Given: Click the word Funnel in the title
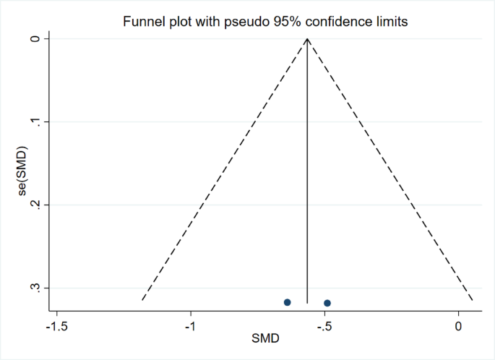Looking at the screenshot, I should pyautogui.click(x=145, y=22).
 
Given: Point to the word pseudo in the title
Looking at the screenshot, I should pyautogui.click(x=231, y=22).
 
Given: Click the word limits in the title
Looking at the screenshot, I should pyautogui.click(x=391, y=22).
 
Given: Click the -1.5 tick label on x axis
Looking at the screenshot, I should pyautogui.click(x=57, y=326).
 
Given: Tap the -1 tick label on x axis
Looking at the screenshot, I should pyautogui.click(x=191, y=326).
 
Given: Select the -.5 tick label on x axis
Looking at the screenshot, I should pyautogui.click(x=324, y=326).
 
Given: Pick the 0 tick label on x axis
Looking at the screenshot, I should pyautogui.click(x=458, y=326).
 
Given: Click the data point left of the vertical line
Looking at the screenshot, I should pyautogui.click(x=288, y=301).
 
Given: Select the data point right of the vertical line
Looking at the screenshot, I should pyautogui.click(x=327, y=303).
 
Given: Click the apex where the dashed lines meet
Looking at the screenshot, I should pyautogui.click(x=308, y=38).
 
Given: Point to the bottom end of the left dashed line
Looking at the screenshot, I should pyautogui.click(x=142, y=300).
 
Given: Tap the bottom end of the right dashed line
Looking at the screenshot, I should pyautogui.click(x=473, y=300).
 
